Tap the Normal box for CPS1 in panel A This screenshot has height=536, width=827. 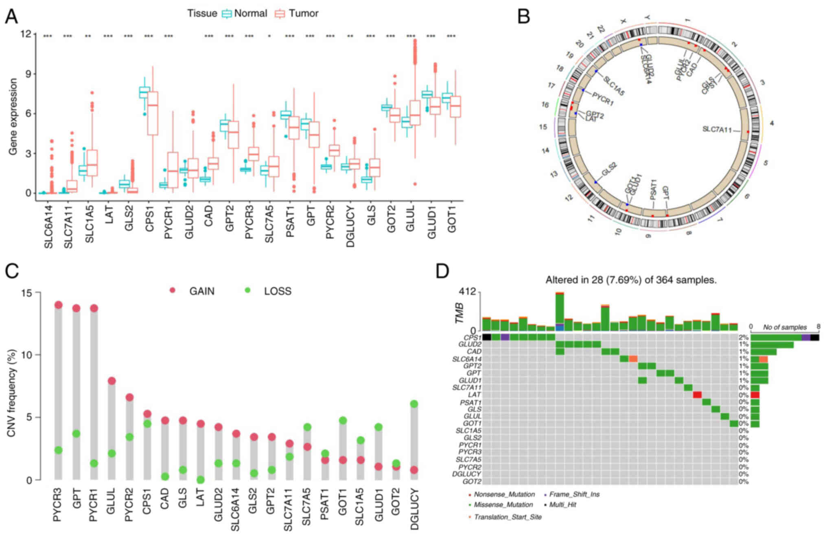144,92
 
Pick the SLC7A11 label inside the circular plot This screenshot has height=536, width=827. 717,130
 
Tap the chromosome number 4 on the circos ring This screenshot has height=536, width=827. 772,123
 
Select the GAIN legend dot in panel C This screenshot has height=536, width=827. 173,290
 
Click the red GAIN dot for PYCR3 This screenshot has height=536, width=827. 59,305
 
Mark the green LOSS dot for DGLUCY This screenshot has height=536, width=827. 414,404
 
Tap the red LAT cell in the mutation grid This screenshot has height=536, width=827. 697,395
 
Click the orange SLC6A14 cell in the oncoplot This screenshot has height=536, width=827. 633,359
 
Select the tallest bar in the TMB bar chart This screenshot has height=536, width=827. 560,312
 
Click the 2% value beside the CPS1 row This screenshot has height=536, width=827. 744,337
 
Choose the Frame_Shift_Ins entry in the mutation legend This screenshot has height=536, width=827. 574,495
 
